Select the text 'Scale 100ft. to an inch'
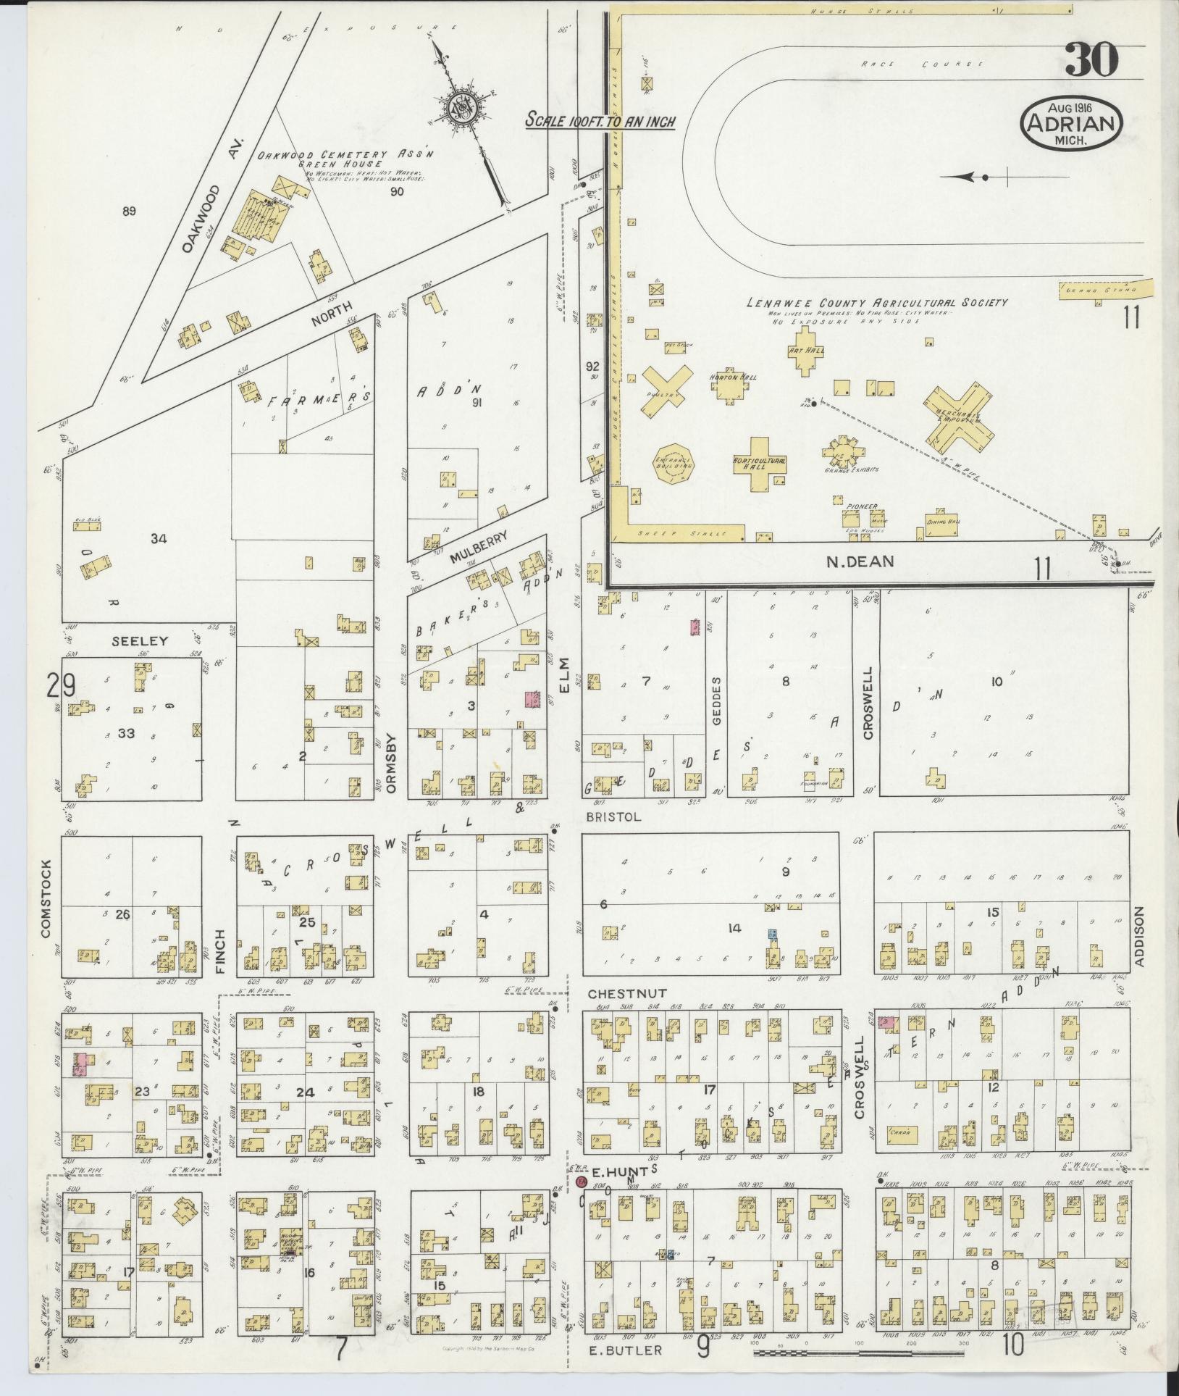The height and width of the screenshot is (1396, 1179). tap(600, 121)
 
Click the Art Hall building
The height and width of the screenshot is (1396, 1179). tap(802, 351)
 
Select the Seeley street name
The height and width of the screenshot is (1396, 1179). tap(140, 640)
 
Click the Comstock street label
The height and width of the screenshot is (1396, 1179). tap(47, 899)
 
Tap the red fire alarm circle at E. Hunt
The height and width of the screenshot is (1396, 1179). tap(580, 1182)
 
